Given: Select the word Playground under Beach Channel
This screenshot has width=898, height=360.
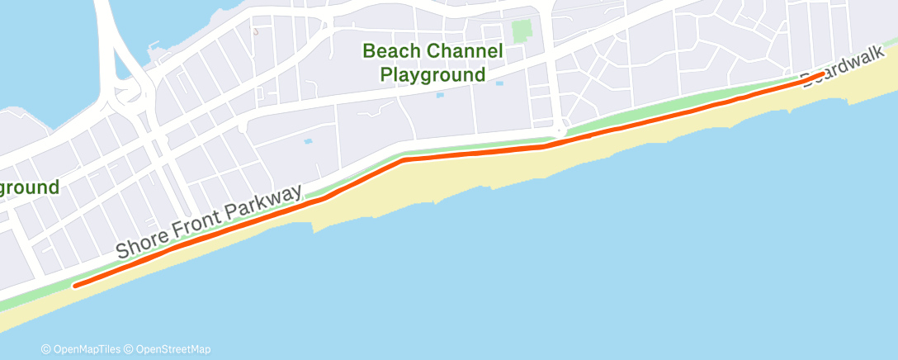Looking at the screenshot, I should click(432, 75).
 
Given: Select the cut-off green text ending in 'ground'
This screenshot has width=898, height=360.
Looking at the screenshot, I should click(29, 187).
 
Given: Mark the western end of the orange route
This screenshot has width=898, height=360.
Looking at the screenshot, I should click(76, 286).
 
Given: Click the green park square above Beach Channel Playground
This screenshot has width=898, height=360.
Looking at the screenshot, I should click(521, 32).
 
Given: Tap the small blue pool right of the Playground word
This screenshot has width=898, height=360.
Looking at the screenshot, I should click(499, 83).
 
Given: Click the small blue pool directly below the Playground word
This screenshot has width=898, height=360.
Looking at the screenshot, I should click(439, 95).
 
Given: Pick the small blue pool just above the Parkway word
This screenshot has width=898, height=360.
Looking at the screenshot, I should click(308, 141).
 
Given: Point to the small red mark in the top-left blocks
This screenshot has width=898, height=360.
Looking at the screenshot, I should click(256, 31).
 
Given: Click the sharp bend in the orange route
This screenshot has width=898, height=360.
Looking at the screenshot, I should click(404, 160).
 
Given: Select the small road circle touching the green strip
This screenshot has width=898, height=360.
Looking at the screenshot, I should click(561, 130).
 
